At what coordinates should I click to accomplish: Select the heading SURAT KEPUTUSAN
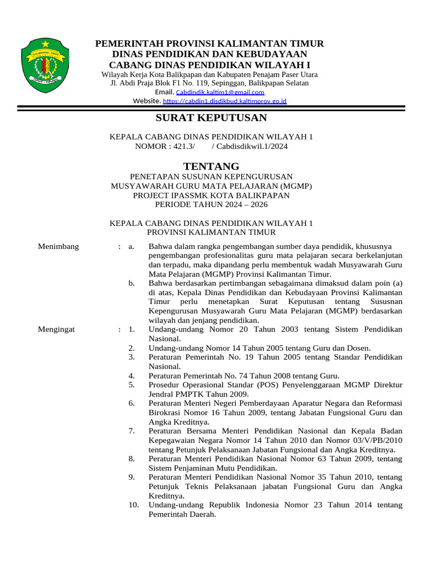211,118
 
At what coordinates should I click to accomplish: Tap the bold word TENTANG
211,166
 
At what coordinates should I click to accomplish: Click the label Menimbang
58,246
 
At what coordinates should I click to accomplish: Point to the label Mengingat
57,329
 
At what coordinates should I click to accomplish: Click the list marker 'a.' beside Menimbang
131,246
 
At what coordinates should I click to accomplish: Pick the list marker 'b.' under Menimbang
132,283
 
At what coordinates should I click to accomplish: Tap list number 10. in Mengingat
134,505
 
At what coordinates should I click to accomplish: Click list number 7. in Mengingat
132,431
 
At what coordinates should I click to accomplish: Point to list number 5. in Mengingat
132,384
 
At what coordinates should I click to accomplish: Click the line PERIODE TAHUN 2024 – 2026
211,204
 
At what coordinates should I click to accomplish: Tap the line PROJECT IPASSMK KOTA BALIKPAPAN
211,195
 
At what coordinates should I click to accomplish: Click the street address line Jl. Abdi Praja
210,83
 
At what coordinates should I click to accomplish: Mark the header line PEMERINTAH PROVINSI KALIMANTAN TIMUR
210,44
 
